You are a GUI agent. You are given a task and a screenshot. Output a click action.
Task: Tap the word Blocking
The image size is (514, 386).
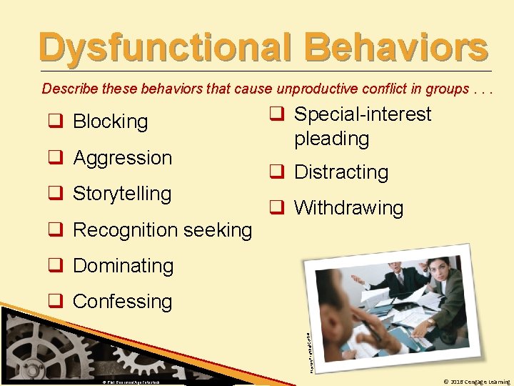pyautogui.click(x=110, y=122)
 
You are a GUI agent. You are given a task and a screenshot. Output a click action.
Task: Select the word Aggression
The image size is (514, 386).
pyautogui.click(x=122, y=158)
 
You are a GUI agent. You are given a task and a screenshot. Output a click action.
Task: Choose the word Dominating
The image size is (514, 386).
pyautogui.click(x=123, y=266)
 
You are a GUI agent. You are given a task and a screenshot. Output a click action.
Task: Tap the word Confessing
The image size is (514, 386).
pyautogui.click(x=122, y=302)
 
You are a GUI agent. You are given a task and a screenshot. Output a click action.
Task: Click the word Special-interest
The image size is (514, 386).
pyautogui.click(x=363, y=114)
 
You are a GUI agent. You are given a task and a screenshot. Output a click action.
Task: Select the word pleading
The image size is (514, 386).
pyautogui.click(x=331, y=139)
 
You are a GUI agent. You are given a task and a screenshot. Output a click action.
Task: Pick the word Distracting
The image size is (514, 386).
pyautogui.click(x=341, y=172)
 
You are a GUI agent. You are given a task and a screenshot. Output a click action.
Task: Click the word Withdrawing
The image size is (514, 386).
pyautogui.click(x=348, y=208)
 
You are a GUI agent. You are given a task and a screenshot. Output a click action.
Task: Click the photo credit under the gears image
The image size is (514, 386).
pyautogui.click(x=130, y=382)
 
